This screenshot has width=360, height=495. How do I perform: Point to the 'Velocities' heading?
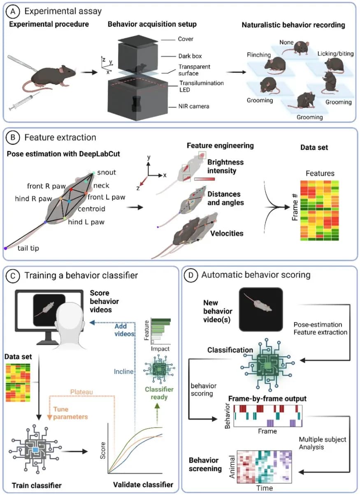[227, 233]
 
